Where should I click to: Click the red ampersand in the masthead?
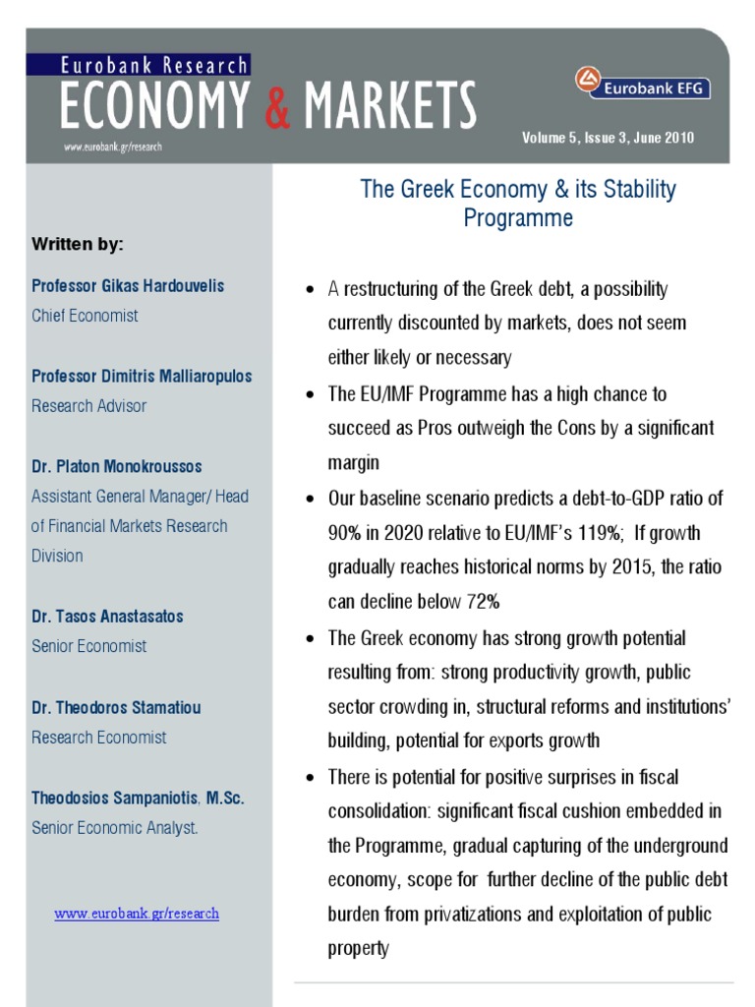click(278, 106)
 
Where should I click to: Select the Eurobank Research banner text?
click(154, 66)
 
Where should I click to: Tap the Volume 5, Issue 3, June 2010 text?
click(608, 138)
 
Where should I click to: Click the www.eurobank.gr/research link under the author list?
click(137, 914)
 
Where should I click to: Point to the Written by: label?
click(78, 244)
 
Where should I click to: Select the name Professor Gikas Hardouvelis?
click(128, 286)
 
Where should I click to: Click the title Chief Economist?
click(85, 316)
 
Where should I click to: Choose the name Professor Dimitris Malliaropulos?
click(142, 377)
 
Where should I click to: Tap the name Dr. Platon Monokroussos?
click(117, 467)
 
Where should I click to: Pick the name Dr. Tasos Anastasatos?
click(107, 617)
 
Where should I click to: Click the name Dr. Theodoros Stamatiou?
click(116, 707)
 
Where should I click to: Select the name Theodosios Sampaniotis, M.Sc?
click(138, 799)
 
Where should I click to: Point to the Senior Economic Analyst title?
click(115, 828)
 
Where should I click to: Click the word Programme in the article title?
click(518, 218)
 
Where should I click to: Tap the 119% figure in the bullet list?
click(600, 533)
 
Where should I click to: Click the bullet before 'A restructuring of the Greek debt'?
click(310, 291)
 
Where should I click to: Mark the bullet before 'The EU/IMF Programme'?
click(310, 395)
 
